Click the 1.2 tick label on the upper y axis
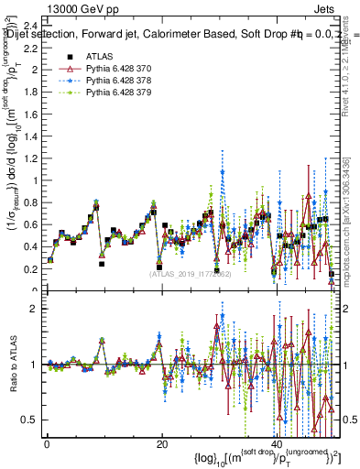(x=31, y=158)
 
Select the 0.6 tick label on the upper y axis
(x=31, y=224)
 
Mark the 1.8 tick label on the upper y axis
(x=31, y=92)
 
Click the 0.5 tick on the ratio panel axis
(x=31, y=420)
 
